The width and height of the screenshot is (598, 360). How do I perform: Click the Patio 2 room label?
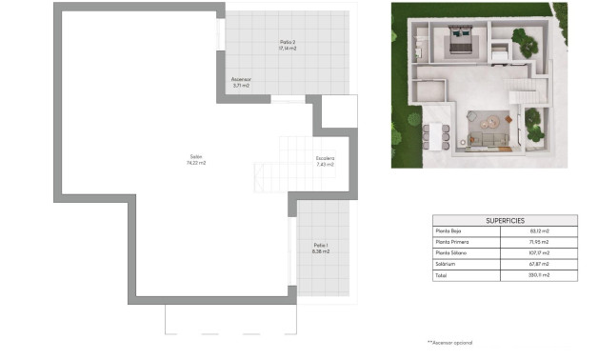pyautogui.click(x=288, y=41)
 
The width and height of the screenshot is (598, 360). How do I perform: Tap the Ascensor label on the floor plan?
pyautogui.click(x=241, y=80)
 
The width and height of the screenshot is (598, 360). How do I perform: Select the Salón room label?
pyautogui.click(x=197, y=156)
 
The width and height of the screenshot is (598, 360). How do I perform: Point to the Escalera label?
pyautogui.click(x=325, y=158)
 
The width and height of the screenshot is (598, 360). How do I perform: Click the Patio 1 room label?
pyautogui.click(x=321, y=246)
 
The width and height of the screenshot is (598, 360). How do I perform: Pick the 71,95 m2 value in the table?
pyautogui.click(x=540, y=242)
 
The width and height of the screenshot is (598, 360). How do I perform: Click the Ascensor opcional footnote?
pyautogui.click(x=449, y=341)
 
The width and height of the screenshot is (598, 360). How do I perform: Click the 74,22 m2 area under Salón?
pyautogui.click(x=197, y=163)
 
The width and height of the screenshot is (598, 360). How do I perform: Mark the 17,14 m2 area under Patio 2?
pyautogui.click(x=288, y=48)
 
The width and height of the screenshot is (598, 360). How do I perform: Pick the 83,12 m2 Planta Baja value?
pyautogui.click(x=540, y=231)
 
